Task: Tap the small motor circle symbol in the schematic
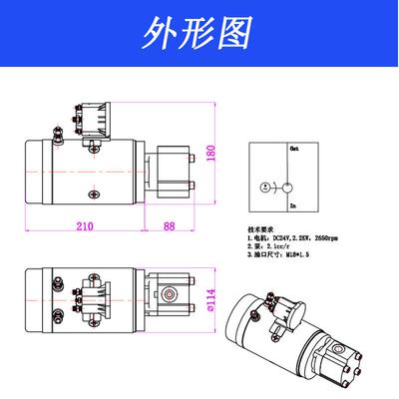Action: coord(263,187)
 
